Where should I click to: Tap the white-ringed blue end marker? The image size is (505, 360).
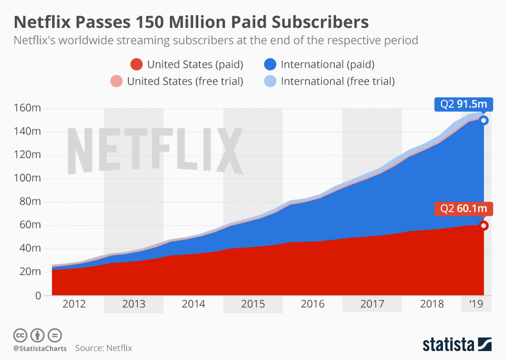click(x=483, y=121)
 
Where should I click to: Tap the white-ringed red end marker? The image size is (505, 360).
click(x=483, y=226)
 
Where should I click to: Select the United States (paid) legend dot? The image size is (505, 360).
click(x=137, y=65)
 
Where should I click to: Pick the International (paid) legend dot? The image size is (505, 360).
click(x=270, y=65)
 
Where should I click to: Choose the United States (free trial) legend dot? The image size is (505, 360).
click(x=117, y=81)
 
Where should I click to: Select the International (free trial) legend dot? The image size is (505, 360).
click(x=270, y=81)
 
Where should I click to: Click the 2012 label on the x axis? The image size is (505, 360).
click(x=74, y=304)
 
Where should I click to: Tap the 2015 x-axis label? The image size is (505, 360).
click(x=253, y=304)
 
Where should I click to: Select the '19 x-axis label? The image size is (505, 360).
click(x=477, y=304)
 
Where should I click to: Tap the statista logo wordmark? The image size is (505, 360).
click(x=448, y=345)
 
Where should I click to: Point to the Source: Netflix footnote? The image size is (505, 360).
click(x=104, y=348)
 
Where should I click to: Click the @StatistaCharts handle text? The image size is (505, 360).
click(x=40, y=348)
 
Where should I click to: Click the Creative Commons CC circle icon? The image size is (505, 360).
click(x=21, y=335)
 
